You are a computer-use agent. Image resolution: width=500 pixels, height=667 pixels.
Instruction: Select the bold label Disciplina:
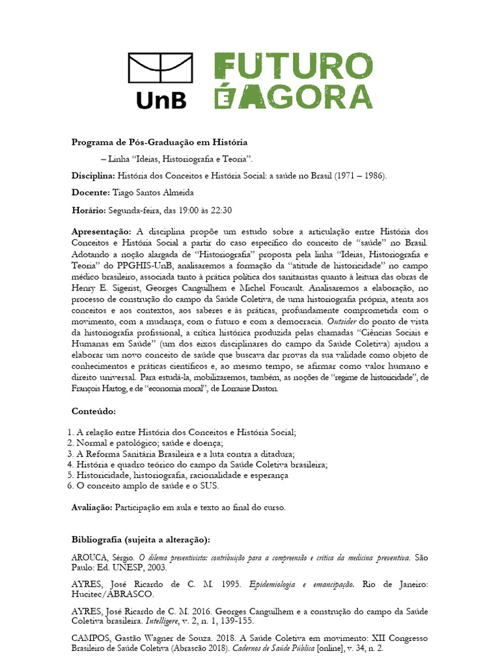[92, 176]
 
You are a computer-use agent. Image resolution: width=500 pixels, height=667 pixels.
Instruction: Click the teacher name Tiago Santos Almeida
[153, 193]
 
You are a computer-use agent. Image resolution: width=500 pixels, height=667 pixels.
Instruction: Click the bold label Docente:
[90, 193]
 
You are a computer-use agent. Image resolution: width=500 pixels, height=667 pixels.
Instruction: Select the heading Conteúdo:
[94, 412]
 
